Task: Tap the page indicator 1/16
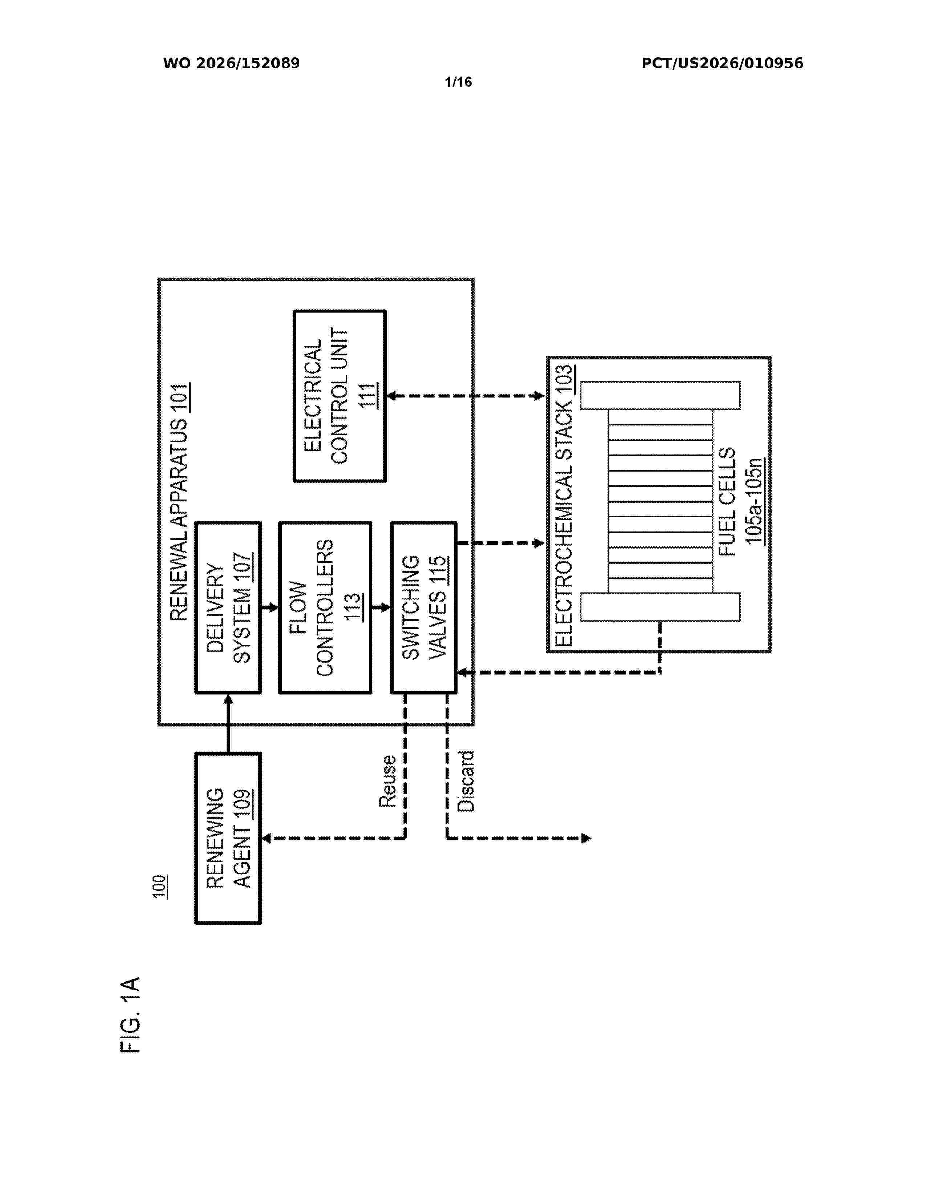pyautogui.click(x=458, y=82)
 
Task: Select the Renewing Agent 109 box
pyautogui.click(x=228, y=838)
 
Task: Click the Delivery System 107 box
pyautogui.click(x=228, y=608)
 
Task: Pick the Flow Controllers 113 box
pyautogui.click(x=325, y=608)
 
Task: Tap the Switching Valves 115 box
pyautogui.click(x=423, y=608)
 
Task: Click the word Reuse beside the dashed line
pyautogui.click(x=387, y=781)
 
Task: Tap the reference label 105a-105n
pyautogui.click(x=755, y=501)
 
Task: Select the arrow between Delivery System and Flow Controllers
pyautogui.click(x=270, y=608)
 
